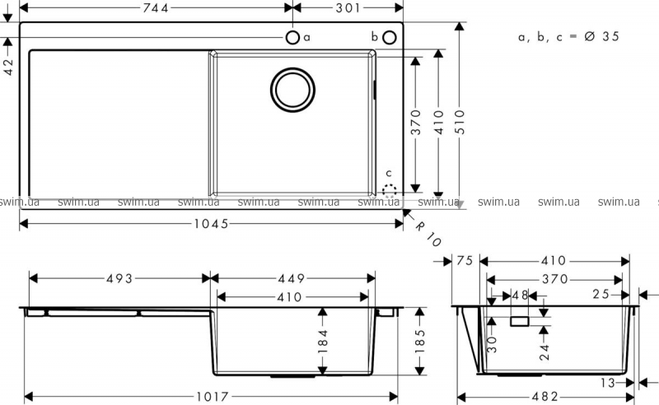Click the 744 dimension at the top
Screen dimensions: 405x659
coord(155,7)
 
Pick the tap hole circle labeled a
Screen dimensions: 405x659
coord(292,37)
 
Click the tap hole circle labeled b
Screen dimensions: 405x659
coord(390,37)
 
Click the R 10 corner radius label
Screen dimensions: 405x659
coord(428,234)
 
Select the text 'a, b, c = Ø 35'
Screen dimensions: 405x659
coord(568,37)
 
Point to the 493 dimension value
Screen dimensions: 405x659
coord(119,278)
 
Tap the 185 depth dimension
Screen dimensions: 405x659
coord(421,339)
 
